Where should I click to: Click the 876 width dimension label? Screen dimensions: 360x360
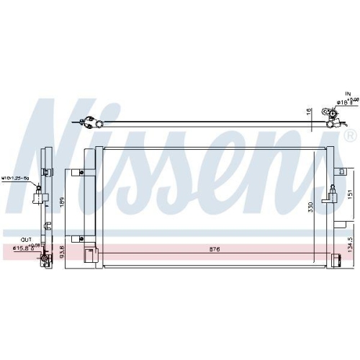tap(214, 249)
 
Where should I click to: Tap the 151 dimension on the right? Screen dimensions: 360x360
tap(350, 195)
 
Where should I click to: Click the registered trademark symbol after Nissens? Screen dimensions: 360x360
tap(350, 135)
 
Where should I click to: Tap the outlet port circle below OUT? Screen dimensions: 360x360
tap(44, 258)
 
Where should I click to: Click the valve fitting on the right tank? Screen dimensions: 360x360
tap(333, 192)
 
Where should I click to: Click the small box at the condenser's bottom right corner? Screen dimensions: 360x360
tap(336, 262)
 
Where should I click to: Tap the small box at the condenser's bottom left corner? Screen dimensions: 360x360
tap(90, 255)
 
